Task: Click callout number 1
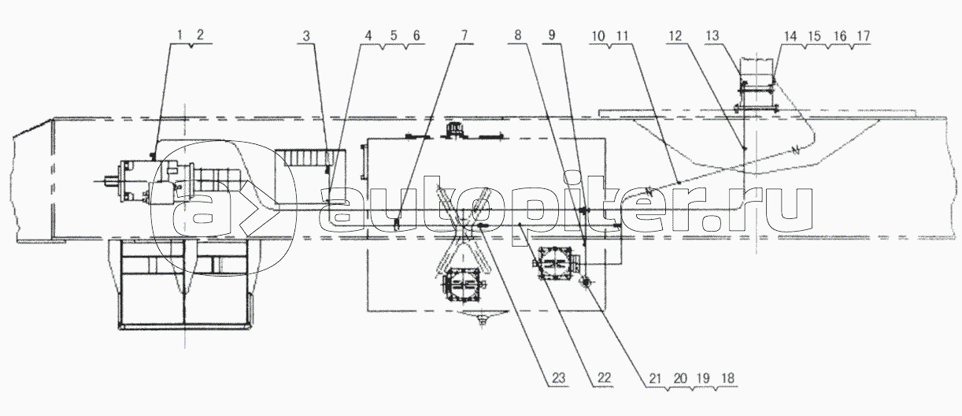(x=180, y=35)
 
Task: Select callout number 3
(x=305, y=36)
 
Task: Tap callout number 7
(x=464, y=35)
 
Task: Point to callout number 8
(x=517, y=35)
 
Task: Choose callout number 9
(x=552, y=35)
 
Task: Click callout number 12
(x=675, y=36)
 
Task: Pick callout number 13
(x=712, y=35)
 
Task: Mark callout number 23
(x=558, y=378)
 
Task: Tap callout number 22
(x=604, y=378)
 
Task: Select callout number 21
(x=655, y=378)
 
